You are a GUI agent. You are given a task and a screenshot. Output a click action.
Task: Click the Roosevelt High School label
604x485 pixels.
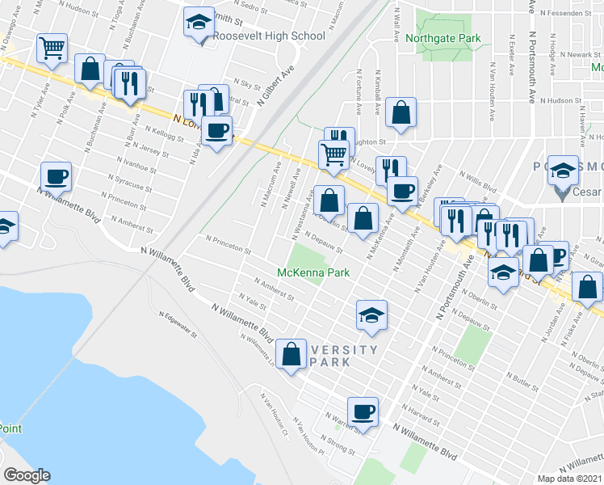(x=269, y=36)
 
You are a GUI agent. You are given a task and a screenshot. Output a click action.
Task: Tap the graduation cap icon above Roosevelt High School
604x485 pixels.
(x=198, y=23)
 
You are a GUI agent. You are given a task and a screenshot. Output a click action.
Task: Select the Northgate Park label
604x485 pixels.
(x=444, y=38)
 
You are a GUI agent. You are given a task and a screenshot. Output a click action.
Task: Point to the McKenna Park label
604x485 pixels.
(x=313, y=272)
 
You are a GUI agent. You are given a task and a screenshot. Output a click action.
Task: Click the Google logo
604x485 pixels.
(x=27, y=475)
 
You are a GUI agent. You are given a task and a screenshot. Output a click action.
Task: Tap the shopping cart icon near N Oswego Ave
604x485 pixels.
(x=52, y=48)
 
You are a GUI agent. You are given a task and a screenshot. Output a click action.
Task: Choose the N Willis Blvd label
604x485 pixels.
(x=479, y=183)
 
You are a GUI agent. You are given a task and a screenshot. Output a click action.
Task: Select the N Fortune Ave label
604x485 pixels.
(x=359, y=83)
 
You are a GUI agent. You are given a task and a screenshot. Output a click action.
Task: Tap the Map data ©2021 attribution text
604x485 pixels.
(x=570, y=478)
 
